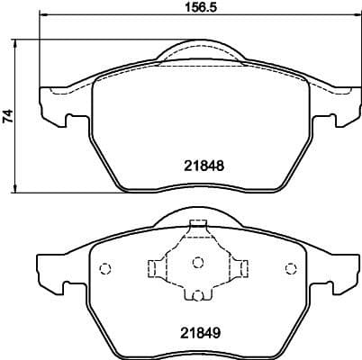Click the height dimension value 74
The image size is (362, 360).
click(x=8, y=115)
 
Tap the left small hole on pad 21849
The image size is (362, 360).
click(x=104, y=267)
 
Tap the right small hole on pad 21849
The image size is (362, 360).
click(x=290, y=267)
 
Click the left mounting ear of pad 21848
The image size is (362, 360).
click(x=53, y=107)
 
